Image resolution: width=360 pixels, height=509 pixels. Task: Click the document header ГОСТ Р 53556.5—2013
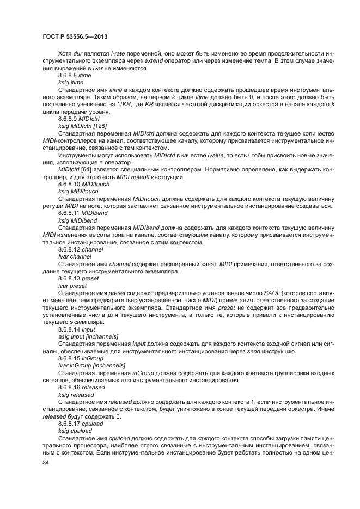pos(74,36)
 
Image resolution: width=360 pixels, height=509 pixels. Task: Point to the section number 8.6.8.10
pos(69,185)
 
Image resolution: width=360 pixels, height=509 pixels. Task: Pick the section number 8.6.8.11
pos(69,213)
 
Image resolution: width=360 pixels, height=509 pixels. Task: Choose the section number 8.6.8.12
pos(69,249)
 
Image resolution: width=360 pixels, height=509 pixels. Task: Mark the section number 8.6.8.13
pos(69,277)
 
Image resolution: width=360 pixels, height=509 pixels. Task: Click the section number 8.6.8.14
pos(69,330)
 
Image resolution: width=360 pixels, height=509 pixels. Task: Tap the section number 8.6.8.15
pos(69,358)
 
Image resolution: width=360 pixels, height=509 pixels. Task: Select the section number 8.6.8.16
pos(69,387)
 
